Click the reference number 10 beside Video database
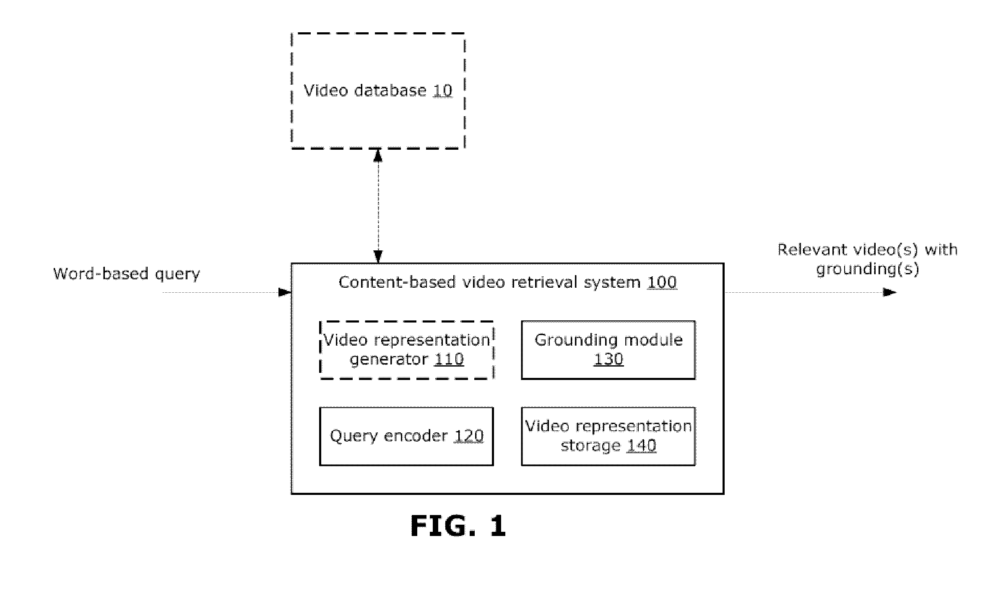click(442, 91)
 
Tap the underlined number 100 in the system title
click(662, 282)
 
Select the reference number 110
click(449, 359)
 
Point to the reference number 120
click(469, 436)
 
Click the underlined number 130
click(608, 359)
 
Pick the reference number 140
click(641, 445)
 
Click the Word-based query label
click(127, 274)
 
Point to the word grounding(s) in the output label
click(867, 269)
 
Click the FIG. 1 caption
click(458, 526)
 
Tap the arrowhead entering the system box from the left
click(285, 292)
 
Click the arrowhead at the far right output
click(890, 292)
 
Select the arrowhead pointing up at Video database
click(378, 156)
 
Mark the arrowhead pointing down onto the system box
click(378, 257)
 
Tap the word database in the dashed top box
click(390, 91)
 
